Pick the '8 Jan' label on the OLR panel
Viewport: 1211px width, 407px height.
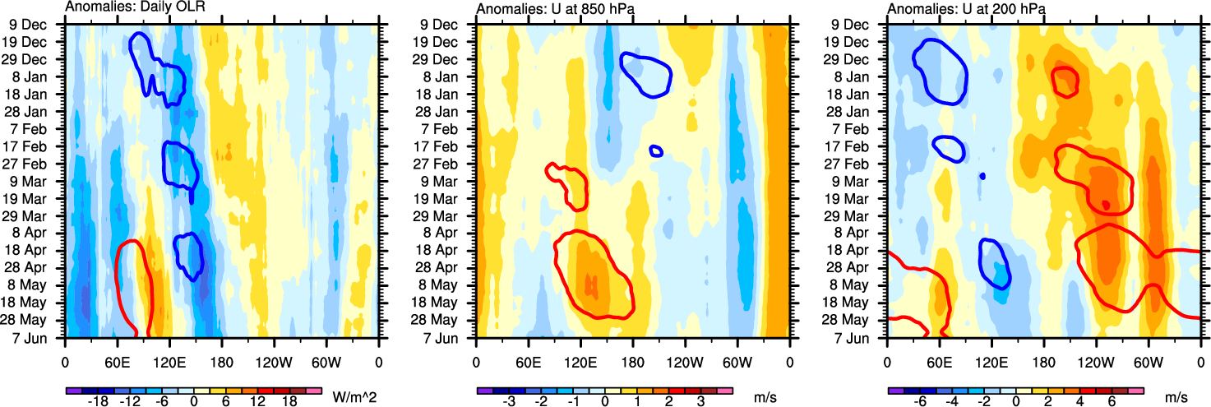(x=38, y=76)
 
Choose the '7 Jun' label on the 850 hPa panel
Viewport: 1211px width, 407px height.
(x=449, y=337)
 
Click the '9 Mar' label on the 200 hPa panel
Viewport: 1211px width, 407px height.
(x=859, y=181)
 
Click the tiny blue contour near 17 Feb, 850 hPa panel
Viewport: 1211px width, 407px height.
(x=655, y=150)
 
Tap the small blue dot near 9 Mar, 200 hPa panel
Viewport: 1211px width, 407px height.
(x=981, y=176)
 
